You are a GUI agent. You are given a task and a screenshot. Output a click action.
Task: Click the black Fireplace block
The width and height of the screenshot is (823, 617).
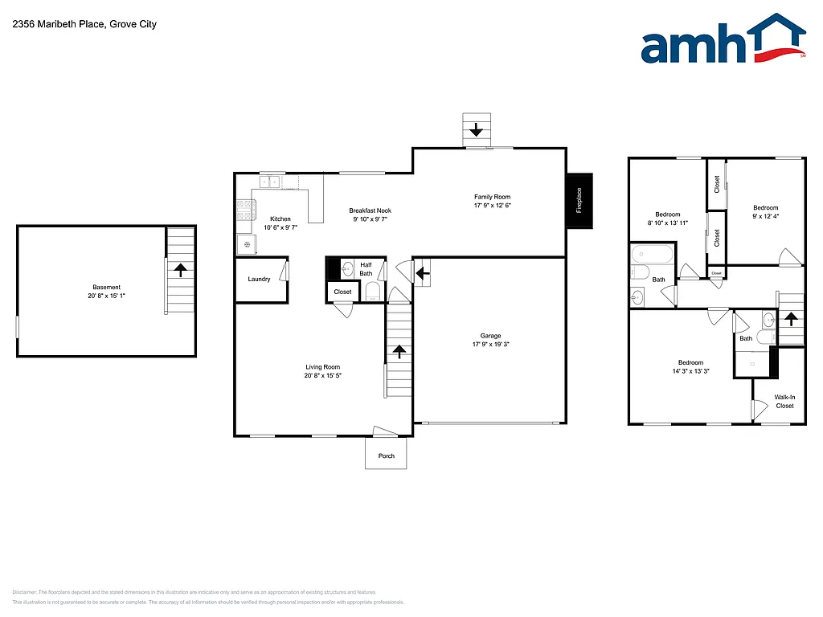click(x=579, y=201)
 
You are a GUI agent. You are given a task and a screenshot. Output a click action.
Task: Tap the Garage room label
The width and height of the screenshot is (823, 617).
click(x=490, y=336)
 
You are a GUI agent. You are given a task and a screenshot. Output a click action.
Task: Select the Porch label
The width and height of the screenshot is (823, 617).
click(x=386, y=456)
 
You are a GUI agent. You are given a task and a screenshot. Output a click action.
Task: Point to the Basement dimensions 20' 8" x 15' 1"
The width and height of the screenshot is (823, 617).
click(x=106, y=296)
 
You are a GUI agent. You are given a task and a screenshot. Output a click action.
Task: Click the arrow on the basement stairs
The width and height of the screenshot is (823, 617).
click(x=181, y=270)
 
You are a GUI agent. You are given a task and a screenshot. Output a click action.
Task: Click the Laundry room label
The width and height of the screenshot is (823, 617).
click(x=259, y=280)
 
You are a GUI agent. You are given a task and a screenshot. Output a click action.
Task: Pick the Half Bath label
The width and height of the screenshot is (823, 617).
click(x=366, y=269)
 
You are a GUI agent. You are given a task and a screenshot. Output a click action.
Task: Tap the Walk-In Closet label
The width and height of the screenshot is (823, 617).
click(x=784, y=401)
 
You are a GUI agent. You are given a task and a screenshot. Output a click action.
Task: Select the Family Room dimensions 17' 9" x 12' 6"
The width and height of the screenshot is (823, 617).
click(x=492, y=205)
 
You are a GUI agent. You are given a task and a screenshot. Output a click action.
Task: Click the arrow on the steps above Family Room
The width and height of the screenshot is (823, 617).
click(x=477, y=129)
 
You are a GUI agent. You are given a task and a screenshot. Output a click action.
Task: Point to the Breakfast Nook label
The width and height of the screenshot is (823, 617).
click(x=371, y=210)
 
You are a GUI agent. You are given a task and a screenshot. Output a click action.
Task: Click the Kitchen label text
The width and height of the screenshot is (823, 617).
click(x=280, y=219)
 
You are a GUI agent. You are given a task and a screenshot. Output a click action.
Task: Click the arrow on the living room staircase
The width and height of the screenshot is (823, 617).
click(x=399, y=351)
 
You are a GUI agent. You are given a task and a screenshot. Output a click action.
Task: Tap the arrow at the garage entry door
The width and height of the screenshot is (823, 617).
click(x=420, y=275)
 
